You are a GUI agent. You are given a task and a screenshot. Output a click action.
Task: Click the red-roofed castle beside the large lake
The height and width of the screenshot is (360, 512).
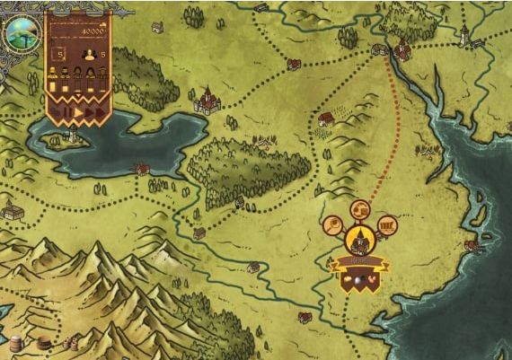pyautogui.click(x=207, y=100)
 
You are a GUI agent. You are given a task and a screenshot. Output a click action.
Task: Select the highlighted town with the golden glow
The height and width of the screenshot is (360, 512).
pyautogui.click(x=358, y=240)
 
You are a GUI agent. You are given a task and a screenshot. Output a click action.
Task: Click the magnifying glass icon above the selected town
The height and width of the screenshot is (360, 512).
pyautogui.click(x=333, y=225)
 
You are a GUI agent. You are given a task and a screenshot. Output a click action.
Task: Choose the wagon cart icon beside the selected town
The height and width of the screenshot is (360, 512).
pyautogui.click(x=387, y=225)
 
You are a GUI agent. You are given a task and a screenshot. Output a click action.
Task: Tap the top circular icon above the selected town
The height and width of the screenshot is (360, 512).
pyautogui.click(x=359, y=210)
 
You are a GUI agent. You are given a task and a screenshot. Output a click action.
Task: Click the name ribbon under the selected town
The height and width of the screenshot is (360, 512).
pyautogui.click(x=358, y=262)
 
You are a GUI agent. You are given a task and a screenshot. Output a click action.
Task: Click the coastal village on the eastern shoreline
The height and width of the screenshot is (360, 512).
pyautogui.click(x=471, y=244)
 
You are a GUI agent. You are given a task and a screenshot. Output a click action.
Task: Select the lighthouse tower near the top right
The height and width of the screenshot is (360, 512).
pyautogui.click(x=463, y=36)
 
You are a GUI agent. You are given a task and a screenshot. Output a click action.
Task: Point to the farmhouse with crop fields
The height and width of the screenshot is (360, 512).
pyautogui.click(x=325, y=118)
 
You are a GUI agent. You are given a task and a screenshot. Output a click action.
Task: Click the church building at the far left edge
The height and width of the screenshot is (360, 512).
pyautogui.click(x=11, y=212)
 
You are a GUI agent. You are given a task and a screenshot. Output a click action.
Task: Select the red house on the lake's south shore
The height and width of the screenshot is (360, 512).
pyautogui.click(x=141, y=169)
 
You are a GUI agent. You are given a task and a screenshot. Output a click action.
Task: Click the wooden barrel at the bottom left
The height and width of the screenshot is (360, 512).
pyautogui.click(x=15, y=343)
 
